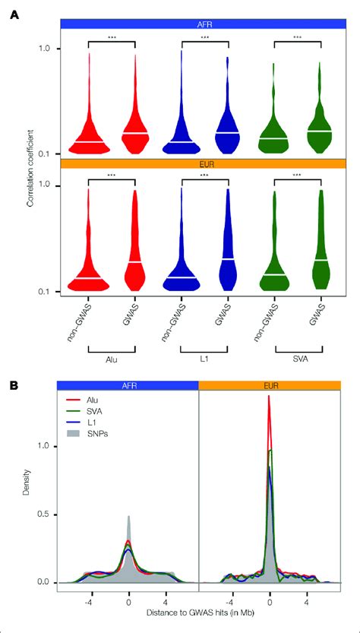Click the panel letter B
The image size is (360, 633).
pyautogui.click(x=14, y=385)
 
